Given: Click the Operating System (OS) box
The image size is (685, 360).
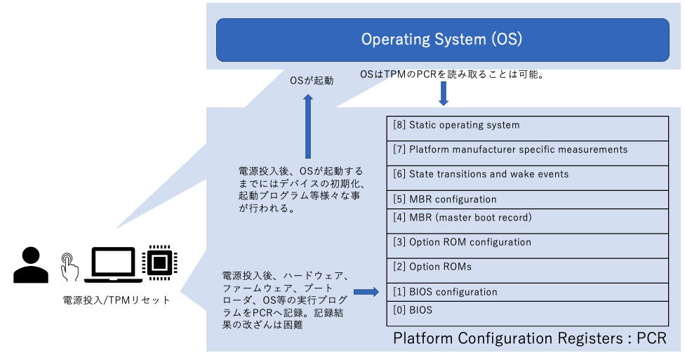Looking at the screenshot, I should pyautogui.click(x=442, y=39).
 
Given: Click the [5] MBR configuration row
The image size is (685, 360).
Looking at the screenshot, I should pyautogui.click(x=527, y=199).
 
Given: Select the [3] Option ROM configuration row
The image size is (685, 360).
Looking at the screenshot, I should pyautogui.click(x=527, y=244).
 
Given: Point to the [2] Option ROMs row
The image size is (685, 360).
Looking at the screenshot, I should pyautogui.click(x=527, y=268).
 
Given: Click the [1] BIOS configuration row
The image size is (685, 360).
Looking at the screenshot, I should pyautogui.click(x=527, y=291).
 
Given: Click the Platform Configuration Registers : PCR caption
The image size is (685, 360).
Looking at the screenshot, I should pyautogui.click(x=529, y=339).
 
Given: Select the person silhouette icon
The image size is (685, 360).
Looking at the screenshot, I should pyautogui.click(x=31, y=265).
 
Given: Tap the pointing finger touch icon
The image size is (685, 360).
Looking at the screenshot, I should pyautogui.click(x=69, y=267).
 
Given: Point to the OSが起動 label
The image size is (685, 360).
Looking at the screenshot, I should pyautogui.click(x=312, y=81).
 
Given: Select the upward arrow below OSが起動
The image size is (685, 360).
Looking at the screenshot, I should pyautogui.click(x=307, y=126).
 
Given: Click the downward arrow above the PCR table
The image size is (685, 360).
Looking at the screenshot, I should pyautogui.click(x=443, y=93).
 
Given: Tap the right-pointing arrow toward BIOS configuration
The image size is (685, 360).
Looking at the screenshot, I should pyautogui.click(x=366, y=292).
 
